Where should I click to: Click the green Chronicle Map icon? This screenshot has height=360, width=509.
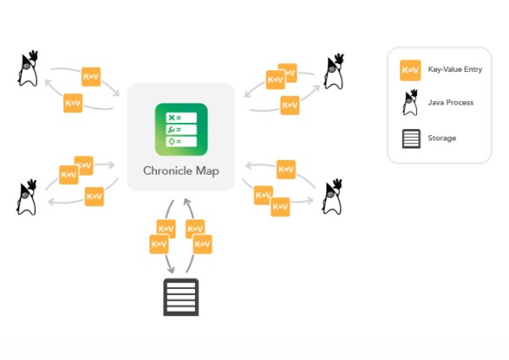coord(181,128)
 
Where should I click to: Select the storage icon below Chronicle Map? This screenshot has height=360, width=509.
coord(181,297)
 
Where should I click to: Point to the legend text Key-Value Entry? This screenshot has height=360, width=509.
coord(455,70)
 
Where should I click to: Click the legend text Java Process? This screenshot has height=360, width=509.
coord(450,104)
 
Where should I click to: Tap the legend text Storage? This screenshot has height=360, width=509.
coord(442,139)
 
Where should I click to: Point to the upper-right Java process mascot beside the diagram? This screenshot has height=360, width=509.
coord(333,72)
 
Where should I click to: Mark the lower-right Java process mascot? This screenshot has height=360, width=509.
coord(333,197)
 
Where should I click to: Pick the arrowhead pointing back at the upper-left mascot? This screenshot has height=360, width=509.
coord(46,84)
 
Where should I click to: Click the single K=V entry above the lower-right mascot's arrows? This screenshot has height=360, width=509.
coord(285,169)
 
